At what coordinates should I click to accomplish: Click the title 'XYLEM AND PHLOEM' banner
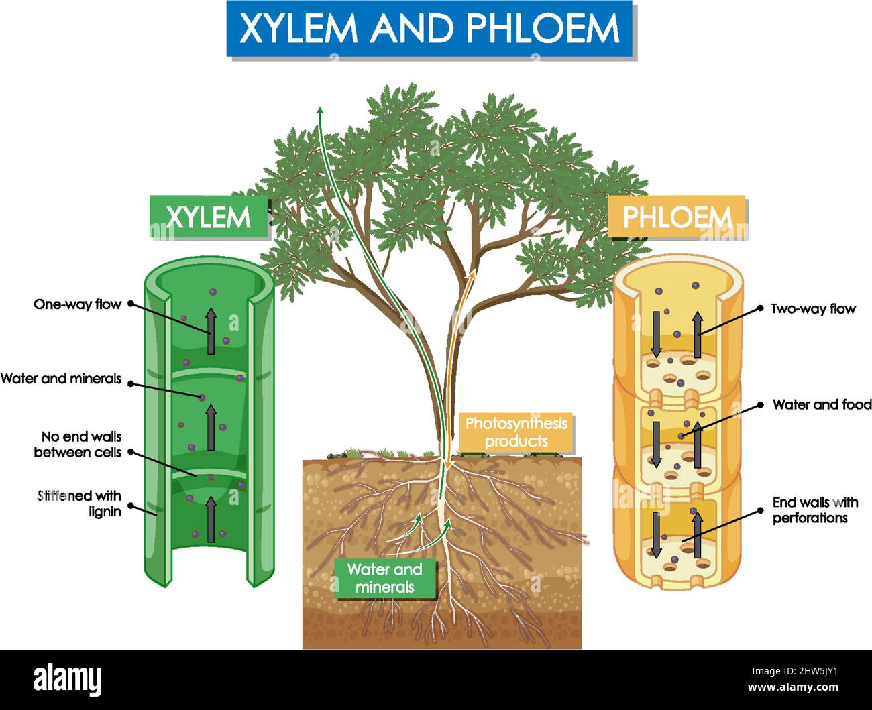[x=430, y=29]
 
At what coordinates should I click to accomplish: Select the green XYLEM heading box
[x=209, y=217]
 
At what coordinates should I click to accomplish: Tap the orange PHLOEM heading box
[x=676, y=217]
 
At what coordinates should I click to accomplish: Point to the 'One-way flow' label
[x=77, y=304]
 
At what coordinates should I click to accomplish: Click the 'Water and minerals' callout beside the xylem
[x=61, y=379]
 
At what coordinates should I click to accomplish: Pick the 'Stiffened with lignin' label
[x=80, y=504]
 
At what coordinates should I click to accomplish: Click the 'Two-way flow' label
[x=812, y=309]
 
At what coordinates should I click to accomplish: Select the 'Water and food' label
[x=822, y=404]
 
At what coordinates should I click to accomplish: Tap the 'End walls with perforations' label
[x=814, y=510]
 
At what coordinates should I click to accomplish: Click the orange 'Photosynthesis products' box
[x=516, y=432]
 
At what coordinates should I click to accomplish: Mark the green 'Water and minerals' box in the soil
[x=385, y=578]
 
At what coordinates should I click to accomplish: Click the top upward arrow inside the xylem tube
[x=211, y=331]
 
